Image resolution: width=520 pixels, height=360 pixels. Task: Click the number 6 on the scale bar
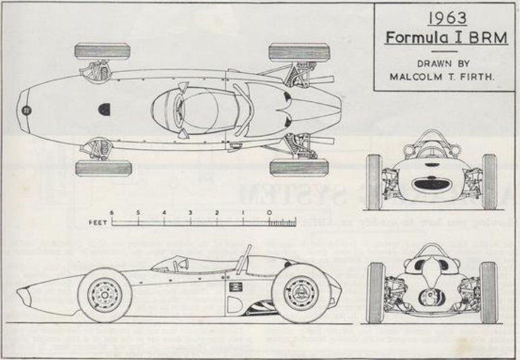pyautogui.click(x=112, y=212)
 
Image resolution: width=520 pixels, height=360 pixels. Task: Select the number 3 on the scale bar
pyautogui.click(x=191, y=212)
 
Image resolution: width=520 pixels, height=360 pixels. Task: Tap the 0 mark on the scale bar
pyautogui.click(x=269, y=212)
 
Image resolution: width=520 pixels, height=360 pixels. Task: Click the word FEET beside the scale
pyautogui.click(x=98, y=221)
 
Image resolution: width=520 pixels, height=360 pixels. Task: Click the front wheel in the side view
pyautogui.click(x=104, y=294)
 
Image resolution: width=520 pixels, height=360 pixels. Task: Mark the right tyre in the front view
pyautogui.click(x=489, y=182)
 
